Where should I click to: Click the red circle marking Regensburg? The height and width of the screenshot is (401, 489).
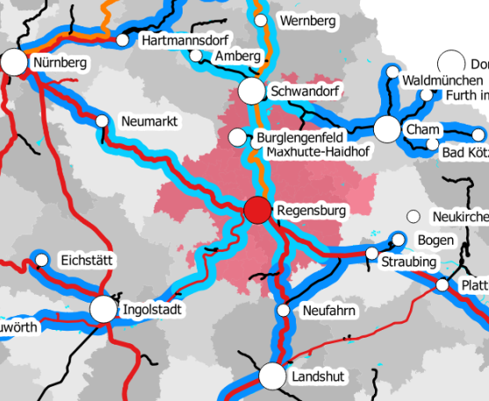click(x=257, y=211)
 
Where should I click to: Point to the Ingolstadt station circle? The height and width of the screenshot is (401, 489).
click(x=103, y=309)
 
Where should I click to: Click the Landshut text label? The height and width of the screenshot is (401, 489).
click(x=321, y=376)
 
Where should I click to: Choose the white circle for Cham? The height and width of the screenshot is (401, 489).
click(x=387, y=130)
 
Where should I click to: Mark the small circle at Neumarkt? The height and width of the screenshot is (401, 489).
click(x=102, y=120)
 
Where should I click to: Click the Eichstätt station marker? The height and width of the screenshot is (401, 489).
click(x=40, y=259)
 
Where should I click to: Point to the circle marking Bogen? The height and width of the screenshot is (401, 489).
click(x=398, y=240)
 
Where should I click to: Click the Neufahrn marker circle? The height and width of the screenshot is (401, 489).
click(x=283, y=311)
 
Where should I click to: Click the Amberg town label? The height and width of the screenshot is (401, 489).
click(x=237, y=56)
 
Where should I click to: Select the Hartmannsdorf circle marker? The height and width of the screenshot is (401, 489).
click(x=122, y=40)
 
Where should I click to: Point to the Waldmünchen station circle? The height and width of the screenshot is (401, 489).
click(x=392, y=71)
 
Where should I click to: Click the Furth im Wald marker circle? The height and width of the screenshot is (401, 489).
click(x=427, y=95)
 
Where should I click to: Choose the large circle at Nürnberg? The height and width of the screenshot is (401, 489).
click(x=14, y=62)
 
